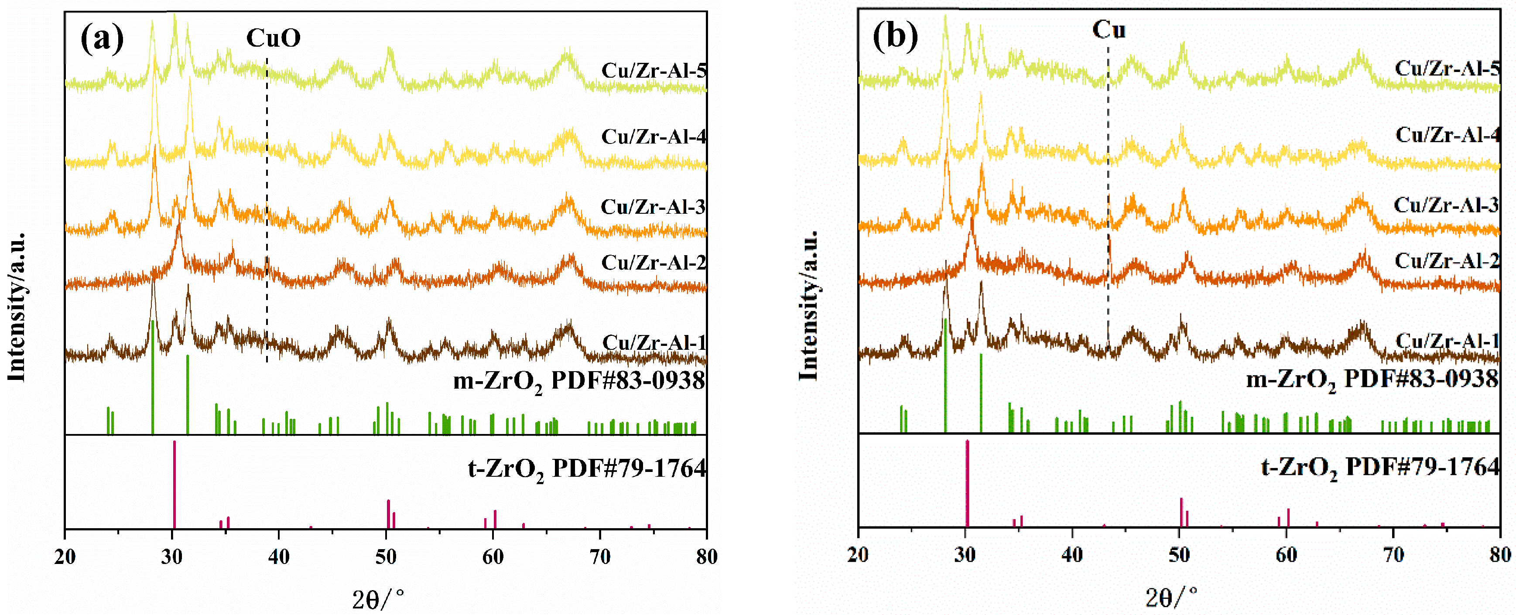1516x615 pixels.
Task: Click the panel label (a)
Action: point(102,38)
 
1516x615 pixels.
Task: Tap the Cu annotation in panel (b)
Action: point(1109,29)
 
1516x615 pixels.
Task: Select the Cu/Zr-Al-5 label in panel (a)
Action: point(653,71)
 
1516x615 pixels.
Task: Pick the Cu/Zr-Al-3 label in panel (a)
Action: point(653,207)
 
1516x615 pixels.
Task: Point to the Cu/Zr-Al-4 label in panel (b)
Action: point(1447,135)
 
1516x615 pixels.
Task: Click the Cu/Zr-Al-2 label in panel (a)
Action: point(653,263)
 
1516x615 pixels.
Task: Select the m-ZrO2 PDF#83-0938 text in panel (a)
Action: point(578,381)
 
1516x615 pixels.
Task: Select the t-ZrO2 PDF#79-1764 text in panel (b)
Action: point(1379,468)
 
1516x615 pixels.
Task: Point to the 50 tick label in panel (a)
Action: point(386,556)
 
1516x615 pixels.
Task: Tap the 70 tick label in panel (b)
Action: point(1393,554)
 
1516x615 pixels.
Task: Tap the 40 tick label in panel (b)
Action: point(1072,554)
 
